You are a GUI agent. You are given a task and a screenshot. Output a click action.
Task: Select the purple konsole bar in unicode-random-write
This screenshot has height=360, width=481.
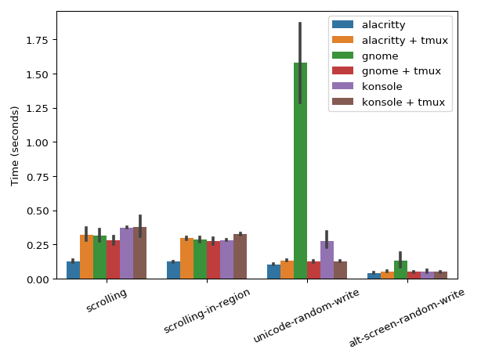pos(327,260)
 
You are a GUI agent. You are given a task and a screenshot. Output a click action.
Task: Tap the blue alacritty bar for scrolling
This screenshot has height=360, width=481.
pos(73,270)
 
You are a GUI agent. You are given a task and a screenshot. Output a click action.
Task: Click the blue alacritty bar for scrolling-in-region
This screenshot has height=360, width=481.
pos(173,270)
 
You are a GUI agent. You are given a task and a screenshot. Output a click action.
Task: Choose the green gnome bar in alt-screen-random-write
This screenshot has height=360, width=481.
pos(400,270)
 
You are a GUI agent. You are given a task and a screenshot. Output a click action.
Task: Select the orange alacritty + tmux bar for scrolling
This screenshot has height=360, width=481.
pos(86,257)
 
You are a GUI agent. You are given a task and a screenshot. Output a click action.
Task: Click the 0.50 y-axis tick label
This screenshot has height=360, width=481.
pos(38,211)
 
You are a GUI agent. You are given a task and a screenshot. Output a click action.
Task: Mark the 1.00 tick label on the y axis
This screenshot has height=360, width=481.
pos(38,142)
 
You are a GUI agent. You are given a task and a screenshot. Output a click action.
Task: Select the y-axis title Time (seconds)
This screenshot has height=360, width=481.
pos(15,146)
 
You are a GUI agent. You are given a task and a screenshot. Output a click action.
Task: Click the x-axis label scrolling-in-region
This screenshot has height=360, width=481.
pos(208,311)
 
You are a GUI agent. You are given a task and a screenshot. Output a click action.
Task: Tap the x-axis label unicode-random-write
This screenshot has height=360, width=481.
pos(307,315)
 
